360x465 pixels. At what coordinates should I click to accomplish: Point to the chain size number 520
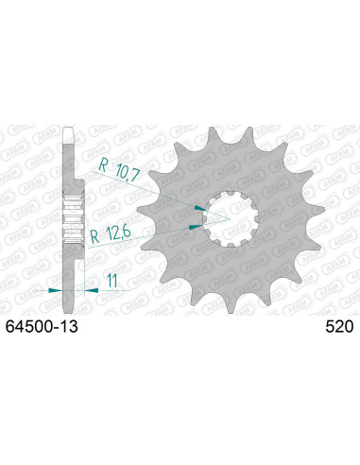(x=337, y=327)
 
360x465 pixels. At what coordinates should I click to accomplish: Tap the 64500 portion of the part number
(x=35, y=327)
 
